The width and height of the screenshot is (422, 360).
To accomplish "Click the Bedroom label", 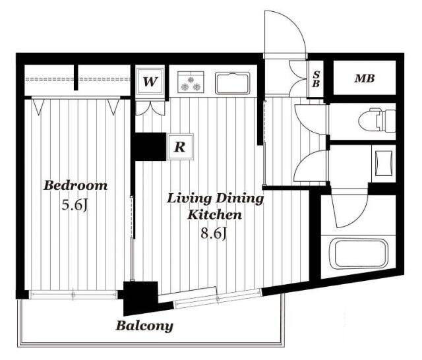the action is pos(75,186).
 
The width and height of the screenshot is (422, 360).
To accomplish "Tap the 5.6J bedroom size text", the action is pos(75,206).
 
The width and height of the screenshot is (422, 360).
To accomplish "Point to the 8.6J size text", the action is pos(214,233).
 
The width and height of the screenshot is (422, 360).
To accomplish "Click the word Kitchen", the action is pos(214,215).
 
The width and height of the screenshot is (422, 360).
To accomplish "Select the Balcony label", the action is pos(144,326).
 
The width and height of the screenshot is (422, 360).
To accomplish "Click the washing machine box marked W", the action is pos(150,81).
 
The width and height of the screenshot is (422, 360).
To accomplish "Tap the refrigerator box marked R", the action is pos(180,147).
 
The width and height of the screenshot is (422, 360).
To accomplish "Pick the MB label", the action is pos(365,78).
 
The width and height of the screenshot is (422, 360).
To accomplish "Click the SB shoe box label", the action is pos(316,79).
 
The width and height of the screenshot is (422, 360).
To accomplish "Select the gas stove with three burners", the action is pos(191,82).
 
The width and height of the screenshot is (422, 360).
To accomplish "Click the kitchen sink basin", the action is pos(233,83).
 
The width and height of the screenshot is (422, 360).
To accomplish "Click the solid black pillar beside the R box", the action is pos(150,147).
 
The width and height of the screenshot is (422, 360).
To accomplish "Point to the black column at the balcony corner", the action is pos(140,297).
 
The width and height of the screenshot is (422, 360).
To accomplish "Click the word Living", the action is pos(188,199).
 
